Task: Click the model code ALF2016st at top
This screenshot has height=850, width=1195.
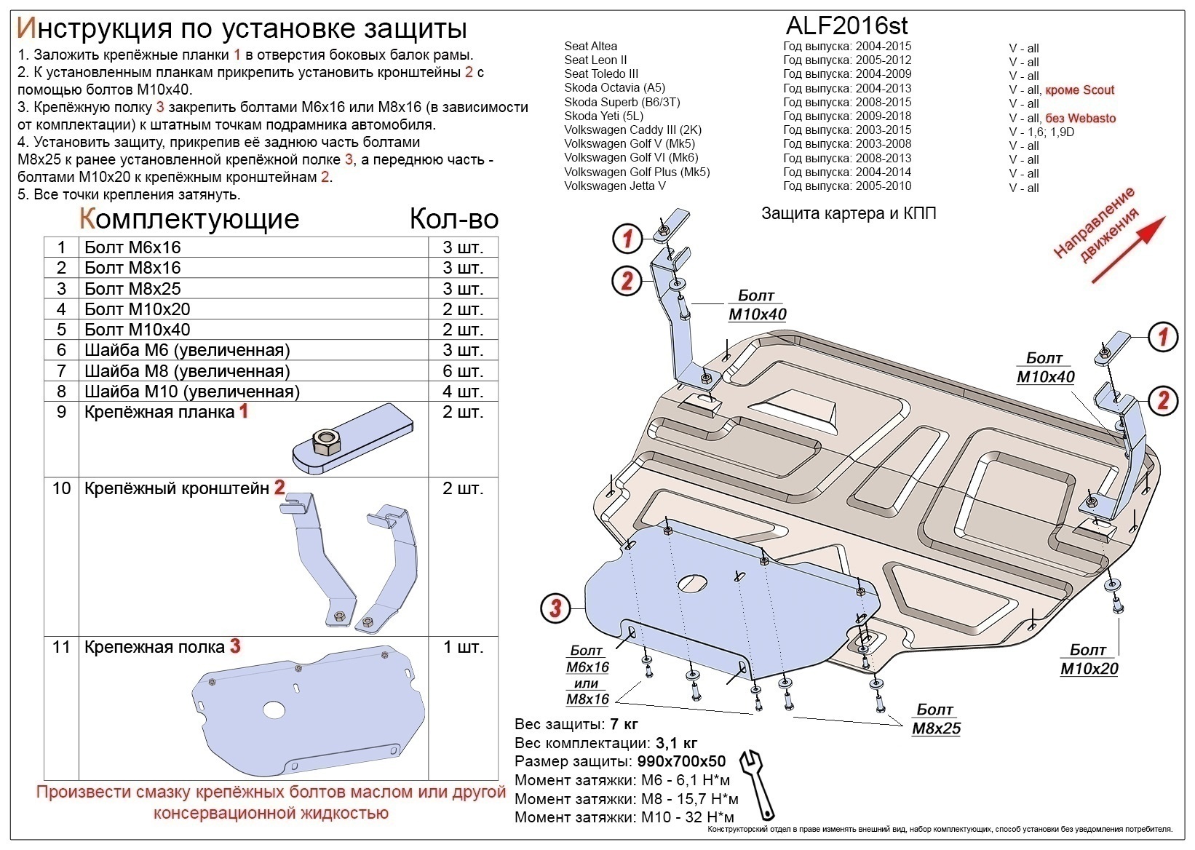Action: pos(846,26)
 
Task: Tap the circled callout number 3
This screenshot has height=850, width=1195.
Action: pos(555,607)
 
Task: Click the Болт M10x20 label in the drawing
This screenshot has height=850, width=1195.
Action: pos(1088,659)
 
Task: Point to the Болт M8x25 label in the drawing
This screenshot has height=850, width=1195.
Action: pos(935,718)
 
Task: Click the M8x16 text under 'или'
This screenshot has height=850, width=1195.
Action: pos(587,699)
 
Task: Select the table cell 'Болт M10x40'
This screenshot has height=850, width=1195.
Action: pos(138,330)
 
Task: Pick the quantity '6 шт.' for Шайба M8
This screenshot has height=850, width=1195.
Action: pos(463,371)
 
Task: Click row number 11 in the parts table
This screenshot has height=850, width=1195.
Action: pos(61,647)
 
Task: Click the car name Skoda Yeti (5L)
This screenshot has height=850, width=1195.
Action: pos(603,116)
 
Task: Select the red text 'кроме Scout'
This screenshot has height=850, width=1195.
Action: pos(1079,90)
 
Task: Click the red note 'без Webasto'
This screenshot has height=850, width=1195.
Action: pos(1080,119)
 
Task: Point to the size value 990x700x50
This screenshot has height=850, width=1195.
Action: pos(681,762)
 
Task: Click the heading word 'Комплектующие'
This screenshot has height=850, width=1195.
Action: pos(188,218)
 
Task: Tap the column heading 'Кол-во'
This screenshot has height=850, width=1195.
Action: pos(453,218)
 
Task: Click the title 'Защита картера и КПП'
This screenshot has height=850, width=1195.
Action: pos(849,213)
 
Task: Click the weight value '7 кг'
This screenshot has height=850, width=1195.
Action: pos(624,724)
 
